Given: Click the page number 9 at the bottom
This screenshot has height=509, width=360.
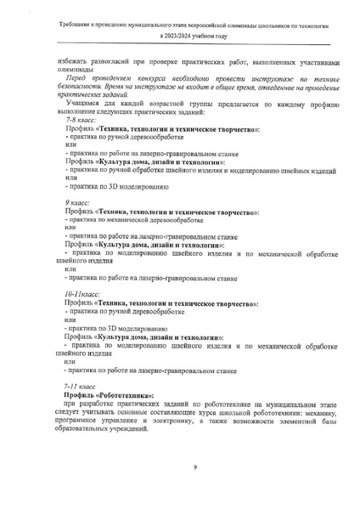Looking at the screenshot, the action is coord(194,467).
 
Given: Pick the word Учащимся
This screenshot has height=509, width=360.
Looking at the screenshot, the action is coord(83,104).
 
